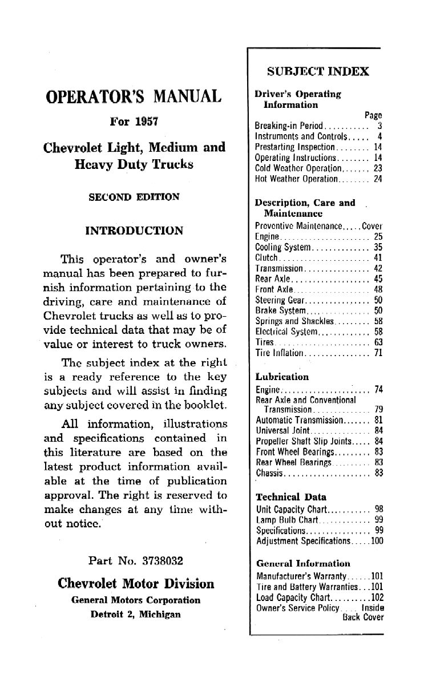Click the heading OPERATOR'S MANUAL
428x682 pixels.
(x=133, y=96)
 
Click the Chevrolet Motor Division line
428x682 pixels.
(x=136, y=584)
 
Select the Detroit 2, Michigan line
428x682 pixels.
(x=136, y=615)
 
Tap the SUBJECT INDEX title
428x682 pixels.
(x=318, y=72)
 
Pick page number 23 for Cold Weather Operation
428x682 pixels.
(x=378, y=168)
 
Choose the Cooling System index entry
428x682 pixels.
(x=283, y=248)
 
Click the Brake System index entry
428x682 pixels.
(x=281, y=311)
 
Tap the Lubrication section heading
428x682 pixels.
(x=282, y=377)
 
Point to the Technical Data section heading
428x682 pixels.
(x=290, y=497)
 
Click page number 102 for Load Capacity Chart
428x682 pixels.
(x=376, y=597)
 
